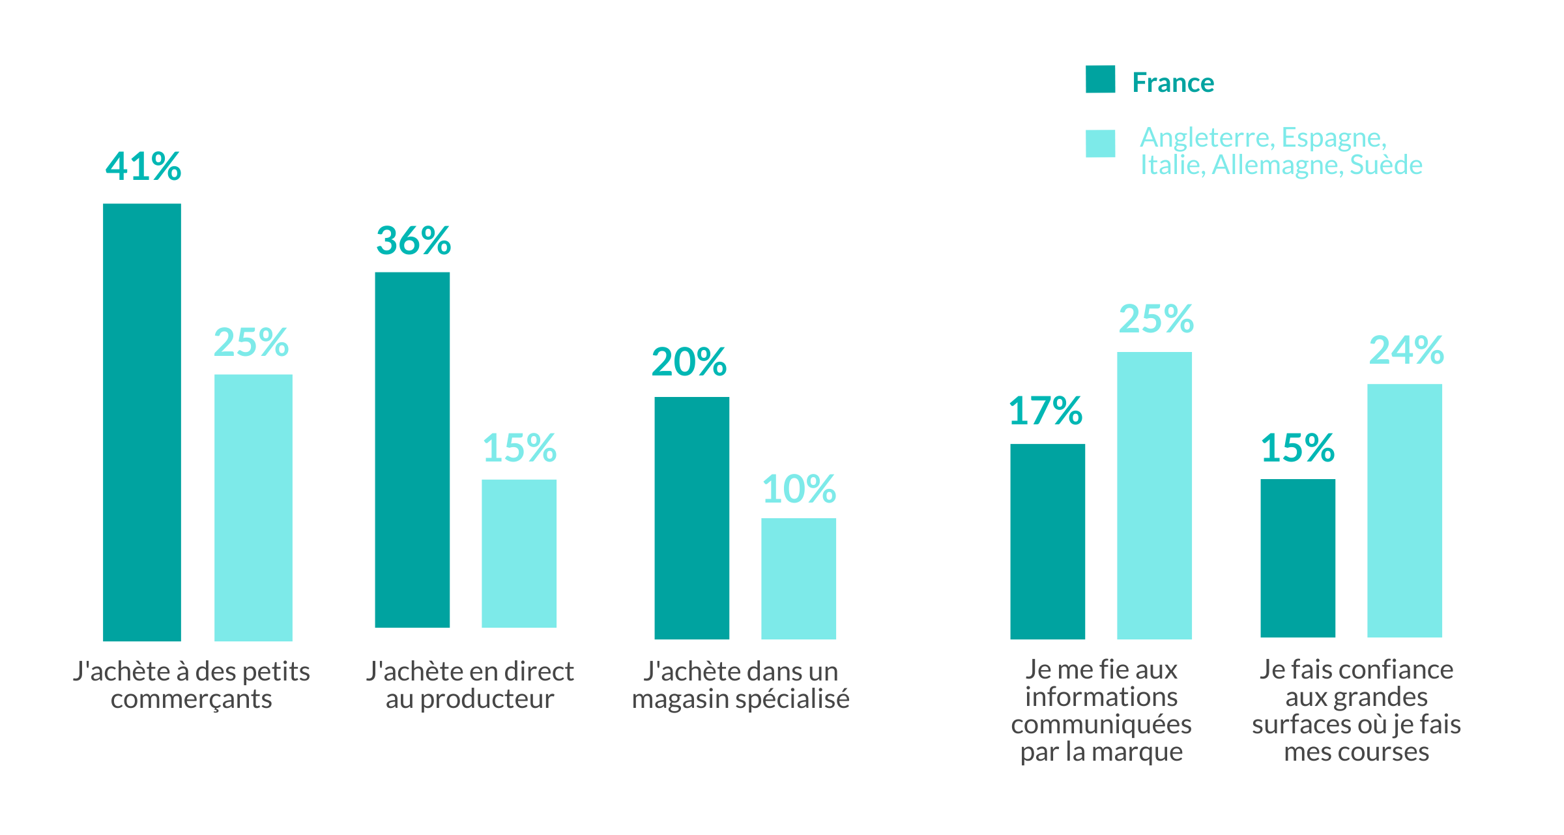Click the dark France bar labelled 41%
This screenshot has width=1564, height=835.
click(141, 422)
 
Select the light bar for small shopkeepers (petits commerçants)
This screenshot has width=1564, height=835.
click(253, 507)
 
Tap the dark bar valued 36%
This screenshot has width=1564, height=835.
click(412, 450)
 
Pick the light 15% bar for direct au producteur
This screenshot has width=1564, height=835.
click(519, 553)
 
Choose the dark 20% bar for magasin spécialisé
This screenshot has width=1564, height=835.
click(691, 518)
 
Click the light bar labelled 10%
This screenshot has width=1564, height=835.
click(798, 578)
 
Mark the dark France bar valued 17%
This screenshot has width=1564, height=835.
click(1047, 541)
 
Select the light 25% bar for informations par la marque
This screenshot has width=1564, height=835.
click(1154, 495)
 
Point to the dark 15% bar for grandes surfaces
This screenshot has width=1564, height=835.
click(1297, 558)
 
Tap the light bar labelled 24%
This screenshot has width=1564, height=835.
click(1404, 510)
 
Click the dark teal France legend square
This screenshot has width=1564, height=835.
click(1100, 80)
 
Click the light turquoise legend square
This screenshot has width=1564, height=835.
click(1100, 143)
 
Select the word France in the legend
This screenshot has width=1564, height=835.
click(1173, 83)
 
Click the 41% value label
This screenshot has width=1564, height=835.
click(143, 166)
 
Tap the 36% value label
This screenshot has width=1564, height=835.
click(413, 241)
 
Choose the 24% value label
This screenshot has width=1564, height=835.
click(1406, 350)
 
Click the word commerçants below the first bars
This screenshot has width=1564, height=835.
click(191, 699)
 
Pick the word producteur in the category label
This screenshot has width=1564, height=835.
click(487, 699)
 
